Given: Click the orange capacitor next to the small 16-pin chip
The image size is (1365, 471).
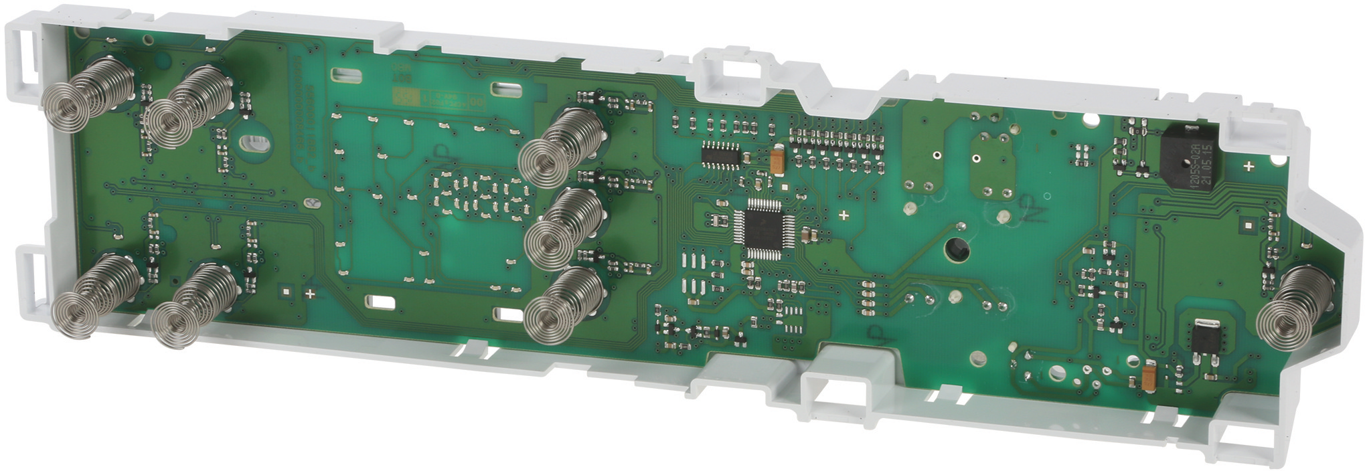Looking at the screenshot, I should click(x=777, y=161).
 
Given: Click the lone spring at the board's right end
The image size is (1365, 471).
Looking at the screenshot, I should click(x=1288, y=307).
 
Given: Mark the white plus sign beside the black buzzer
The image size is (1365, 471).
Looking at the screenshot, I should click(x=1249, y=166).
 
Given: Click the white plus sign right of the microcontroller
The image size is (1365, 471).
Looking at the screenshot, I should click(x=844, y=215).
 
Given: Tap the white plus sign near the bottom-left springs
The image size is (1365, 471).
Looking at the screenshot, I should click(x=310, y=293).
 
